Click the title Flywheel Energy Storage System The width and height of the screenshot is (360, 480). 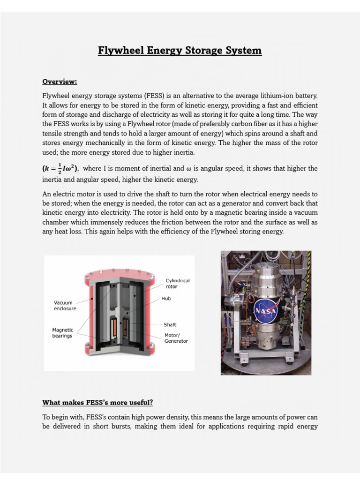pos(180,50)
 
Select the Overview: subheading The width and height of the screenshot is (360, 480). pos(60,82)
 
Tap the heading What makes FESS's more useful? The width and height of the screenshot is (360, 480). pos(98,402)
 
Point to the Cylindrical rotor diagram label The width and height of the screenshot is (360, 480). pos(178,284)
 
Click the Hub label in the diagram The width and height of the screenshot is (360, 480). pos(166,298)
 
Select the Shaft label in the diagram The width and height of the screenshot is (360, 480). pos(170,324)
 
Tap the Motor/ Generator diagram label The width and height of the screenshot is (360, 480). pos(176,338)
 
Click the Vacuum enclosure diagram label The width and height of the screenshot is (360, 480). pos(65,306)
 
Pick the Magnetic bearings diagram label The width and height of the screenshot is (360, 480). pos(62,333)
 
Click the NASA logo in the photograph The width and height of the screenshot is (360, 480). pos(266,312)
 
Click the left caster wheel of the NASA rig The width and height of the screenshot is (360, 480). pos(243,361)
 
